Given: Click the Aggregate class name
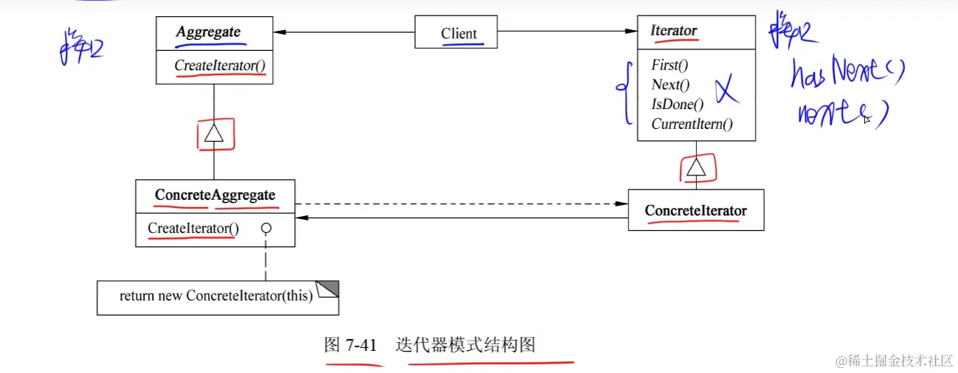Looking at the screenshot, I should [208, 32].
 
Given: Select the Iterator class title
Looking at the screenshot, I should [673, 31].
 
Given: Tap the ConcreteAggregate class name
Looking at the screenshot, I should [215, 195].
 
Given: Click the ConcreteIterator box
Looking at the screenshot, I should [695, 211].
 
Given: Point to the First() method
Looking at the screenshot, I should [670, 66].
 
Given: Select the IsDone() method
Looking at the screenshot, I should [677, 105].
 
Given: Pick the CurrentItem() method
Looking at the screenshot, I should [692, 125].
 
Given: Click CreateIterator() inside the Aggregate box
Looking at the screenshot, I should [220, 66].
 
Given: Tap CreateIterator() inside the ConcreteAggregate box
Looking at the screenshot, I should [193, 229].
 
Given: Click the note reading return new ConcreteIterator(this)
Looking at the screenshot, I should [217, 296].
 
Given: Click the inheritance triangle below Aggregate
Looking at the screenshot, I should [214, 133].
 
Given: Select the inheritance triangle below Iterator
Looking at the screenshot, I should [696, 168].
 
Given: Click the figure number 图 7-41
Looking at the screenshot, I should [351, 345].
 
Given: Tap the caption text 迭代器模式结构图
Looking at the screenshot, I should [465, 345].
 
